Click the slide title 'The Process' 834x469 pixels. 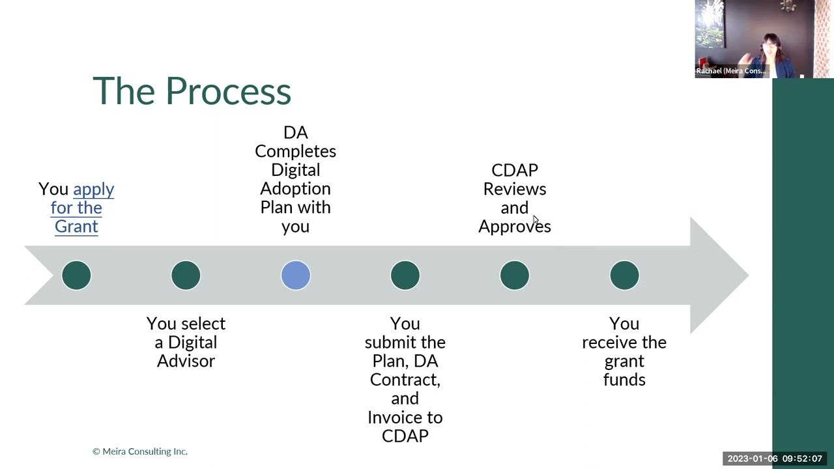click(192, 91)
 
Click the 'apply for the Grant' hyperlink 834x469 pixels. click(77, 208)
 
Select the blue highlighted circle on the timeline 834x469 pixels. click(296, 276)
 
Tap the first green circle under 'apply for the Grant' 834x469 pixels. click(76, 276)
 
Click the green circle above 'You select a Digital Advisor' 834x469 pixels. click(186, 276)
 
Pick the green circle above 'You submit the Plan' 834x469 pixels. click(405, 276)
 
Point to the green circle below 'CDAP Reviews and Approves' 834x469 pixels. click(515, 276)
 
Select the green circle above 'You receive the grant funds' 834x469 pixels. click(624, 276)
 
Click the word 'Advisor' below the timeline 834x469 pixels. click(186, 361)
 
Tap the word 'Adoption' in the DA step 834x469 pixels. click(295, 189)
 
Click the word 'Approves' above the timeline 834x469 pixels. click(514, 227)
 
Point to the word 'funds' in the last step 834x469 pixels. click(624, 380)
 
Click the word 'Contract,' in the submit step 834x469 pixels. click(405, 380)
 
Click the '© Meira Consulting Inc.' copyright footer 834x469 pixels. click(140, 451)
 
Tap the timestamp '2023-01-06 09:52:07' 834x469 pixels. click(775, 459)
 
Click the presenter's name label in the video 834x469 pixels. click(730, 71)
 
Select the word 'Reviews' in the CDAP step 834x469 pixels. click(514, 189)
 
